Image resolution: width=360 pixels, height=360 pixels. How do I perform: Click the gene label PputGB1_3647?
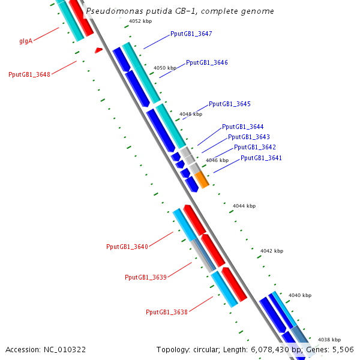point(191,34)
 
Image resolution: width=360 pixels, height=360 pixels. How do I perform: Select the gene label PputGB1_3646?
point(207,62)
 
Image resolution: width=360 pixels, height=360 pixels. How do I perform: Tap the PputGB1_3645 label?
point(230,104)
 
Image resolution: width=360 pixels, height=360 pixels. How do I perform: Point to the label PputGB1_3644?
point(242,127)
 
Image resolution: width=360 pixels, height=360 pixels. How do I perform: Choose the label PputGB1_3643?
point(249,137)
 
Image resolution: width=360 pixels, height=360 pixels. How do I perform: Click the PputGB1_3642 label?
point(255,147)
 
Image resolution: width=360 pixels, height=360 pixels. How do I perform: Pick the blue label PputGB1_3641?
point(261,158)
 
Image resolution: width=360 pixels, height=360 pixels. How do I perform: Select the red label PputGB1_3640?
point(127,247)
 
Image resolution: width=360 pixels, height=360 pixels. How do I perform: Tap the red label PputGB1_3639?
point(146,277)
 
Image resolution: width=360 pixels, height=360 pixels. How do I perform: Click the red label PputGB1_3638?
point(167,312)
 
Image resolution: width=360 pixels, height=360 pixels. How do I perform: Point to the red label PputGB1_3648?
point(29,74)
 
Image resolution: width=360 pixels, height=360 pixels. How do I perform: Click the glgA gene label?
point(26,41)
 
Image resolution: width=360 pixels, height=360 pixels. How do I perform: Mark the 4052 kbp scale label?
point(140,21)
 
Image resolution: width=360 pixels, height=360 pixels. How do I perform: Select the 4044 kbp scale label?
point(244,206)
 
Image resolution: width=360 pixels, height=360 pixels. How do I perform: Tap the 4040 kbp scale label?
point(300,295)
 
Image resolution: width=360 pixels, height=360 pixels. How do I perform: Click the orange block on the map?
point(202,180)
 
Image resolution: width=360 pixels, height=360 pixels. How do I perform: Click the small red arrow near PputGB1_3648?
point(99,50)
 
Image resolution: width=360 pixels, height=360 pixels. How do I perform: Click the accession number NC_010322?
point(65,350)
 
